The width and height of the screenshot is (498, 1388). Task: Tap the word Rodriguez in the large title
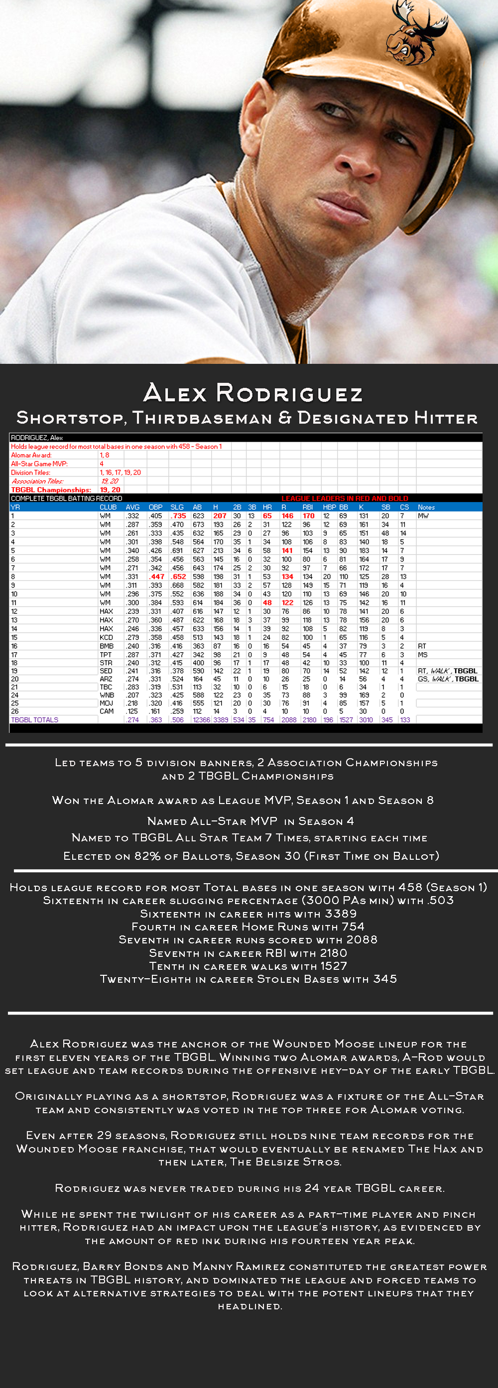coord(289,393)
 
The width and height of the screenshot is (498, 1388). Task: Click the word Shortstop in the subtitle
coord(70,418)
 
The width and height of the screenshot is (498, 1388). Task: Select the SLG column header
coord(177,507)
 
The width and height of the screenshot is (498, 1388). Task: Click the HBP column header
coord(329,507)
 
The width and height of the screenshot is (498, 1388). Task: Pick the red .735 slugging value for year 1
coord(178,516)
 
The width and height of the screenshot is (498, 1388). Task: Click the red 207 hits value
coord(219,516)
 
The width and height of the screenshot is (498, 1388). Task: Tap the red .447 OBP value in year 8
coord(156,577)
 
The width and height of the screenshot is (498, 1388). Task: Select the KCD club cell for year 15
coord(106,637)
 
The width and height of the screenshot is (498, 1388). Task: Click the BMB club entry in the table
coord(106,646)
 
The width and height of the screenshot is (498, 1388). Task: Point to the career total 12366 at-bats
coord(201,720)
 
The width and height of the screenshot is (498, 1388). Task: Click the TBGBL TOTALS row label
coord(34,720)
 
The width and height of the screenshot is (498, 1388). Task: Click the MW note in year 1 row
coord(423,516)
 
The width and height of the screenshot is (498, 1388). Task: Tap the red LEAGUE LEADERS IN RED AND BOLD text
coord(345,498)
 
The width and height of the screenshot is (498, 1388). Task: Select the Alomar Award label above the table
coord(31,456)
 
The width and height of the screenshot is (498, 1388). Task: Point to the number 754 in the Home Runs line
coord(353,927)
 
